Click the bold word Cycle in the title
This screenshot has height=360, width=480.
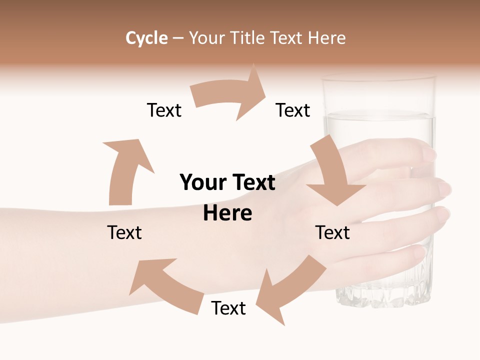click(146, 38)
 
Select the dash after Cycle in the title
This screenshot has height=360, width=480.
click(178, 38)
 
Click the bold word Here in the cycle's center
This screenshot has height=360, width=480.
click(227, 213)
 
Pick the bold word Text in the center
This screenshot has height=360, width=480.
click(251, 182)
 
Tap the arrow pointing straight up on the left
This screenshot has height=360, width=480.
click(125, 170)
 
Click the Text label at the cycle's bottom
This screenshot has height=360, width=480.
click(228, 308)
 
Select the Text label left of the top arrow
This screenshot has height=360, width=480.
click(164, 110)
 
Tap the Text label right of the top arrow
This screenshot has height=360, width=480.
click(293, 110)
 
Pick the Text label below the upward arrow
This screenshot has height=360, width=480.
click(124, 232)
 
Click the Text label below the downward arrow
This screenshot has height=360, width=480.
click(333, 232)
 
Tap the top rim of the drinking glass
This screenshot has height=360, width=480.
click(379, 77)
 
